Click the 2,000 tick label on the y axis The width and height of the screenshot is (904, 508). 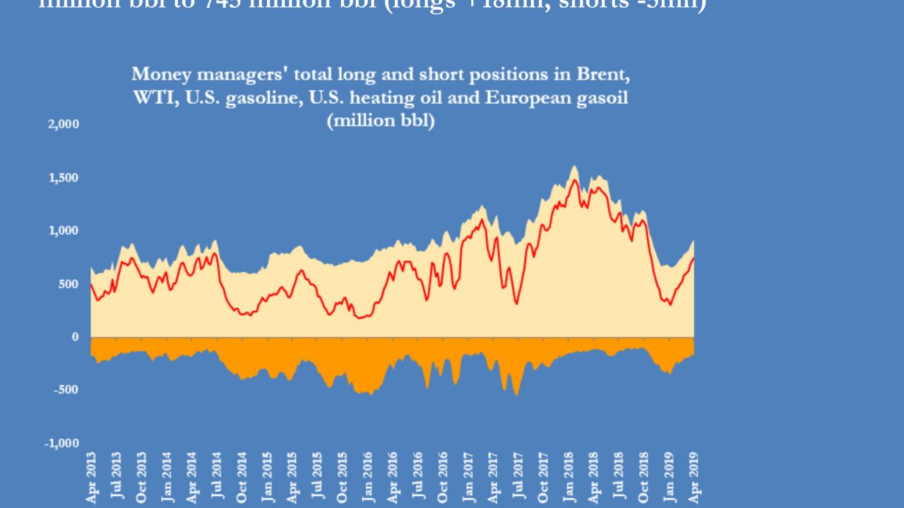pyautogui.click(x=64, y=124)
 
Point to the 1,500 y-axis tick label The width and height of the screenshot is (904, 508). pyautogui.click(x=64, y=177)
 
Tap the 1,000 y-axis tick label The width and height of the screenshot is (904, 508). pyautogui.click(x=64, y=231)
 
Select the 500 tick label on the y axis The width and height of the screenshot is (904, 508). pyautogui.click(x=69, y=284)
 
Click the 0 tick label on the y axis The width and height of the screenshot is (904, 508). pyautogui.click(x=74, y=337)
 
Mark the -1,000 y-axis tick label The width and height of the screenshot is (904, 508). pyautogui.click(x=63, y=443)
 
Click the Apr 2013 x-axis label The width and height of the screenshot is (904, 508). pyautogui.click(x=90, y=478)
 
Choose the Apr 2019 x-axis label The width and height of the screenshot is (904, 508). pyautogui.click(x=693, y=478)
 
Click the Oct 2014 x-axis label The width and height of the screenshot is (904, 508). pyautogui.click(x=241, y=478)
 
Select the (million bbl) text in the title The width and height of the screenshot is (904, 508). pyautogui.click(x=380, y=121)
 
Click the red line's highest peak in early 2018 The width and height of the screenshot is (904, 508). pyautogui.click(x=574, y=181)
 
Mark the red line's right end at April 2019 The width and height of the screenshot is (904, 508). pyautogui.click(x=694, y=258)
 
